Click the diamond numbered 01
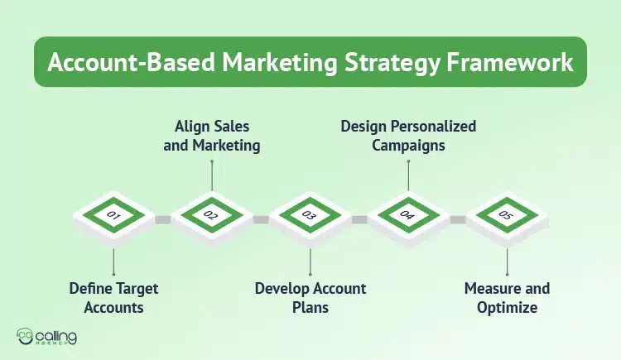pos(114,217)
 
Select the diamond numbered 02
pos(212,217)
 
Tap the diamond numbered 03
pos(310,217)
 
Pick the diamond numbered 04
pos(407,217)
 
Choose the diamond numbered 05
pos(506,217)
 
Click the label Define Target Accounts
pos(113,298)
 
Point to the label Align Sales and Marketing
pos(212,137)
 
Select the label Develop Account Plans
pos(310,298)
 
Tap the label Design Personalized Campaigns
pos(409,137)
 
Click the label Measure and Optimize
pos(507,298)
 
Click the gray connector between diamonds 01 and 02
pos(163,219)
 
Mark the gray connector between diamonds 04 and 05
pos(457,219)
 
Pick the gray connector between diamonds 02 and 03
pos(261,219)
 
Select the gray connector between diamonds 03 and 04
pos(359,219)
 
